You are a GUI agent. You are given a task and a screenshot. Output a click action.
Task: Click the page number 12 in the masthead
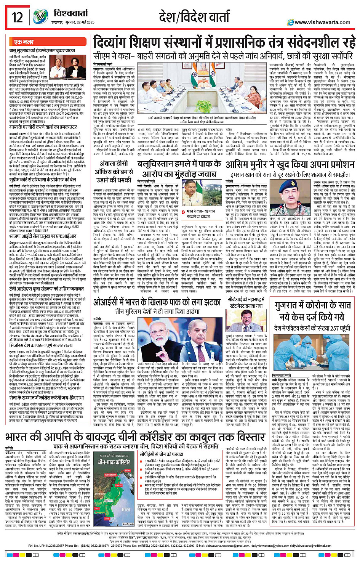click(x=17, y=18)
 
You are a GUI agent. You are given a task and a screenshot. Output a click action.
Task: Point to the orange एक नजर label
click(x=24, y=42)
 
